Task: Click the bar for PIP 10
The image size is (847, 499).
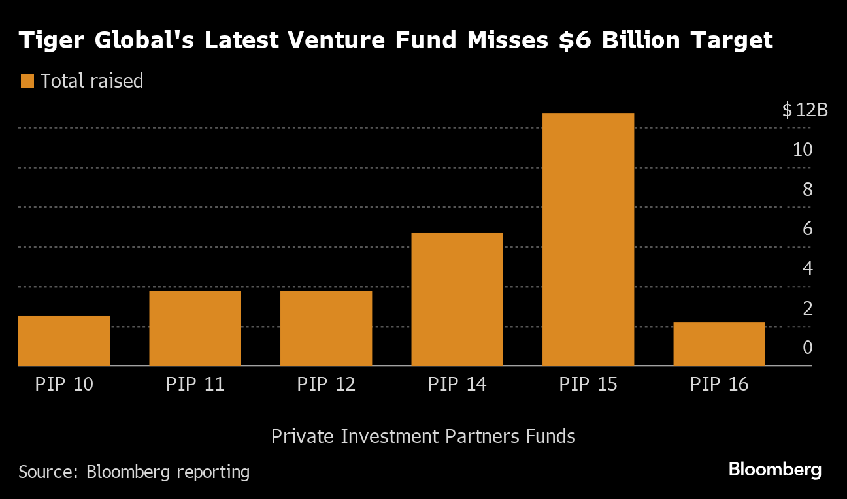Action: tap(64, 341)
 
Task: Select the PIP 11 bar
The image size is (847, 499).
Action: tap(195, 328)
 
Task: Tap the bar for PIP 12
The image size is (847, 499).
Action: tap(326, 328)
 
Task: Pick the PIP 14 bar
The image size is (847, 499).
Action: tap(457, 299)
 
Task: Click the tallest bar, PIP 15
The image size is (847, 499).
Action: tap(588, 239)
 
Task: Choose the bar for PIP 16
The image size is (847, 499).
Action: tap(719, 344)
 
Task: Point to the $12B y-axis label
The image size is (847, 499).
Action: tap(805, 110)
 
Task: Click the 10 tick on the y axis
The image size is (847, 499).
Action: tap(803, 150)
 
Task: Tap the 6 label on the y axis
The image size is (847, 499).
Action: tap(807, 229)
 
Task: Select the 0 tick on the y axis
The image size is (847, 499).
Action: tap(807, 347)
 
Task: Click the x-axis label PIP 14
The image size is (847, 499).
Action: tap(457, 384)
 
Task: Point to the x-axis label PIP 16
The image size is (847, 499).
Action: tap(719, 384)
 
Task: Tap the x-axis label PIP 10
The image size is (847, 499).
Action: tap(64, 384)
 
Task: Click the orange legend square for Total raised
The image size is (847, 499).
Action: tap(27, 81)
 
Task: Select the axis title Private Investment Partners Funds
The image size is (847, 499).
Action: tap(423, 436)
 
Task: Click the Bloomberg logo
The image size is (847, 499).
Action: tap(774, 469)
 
